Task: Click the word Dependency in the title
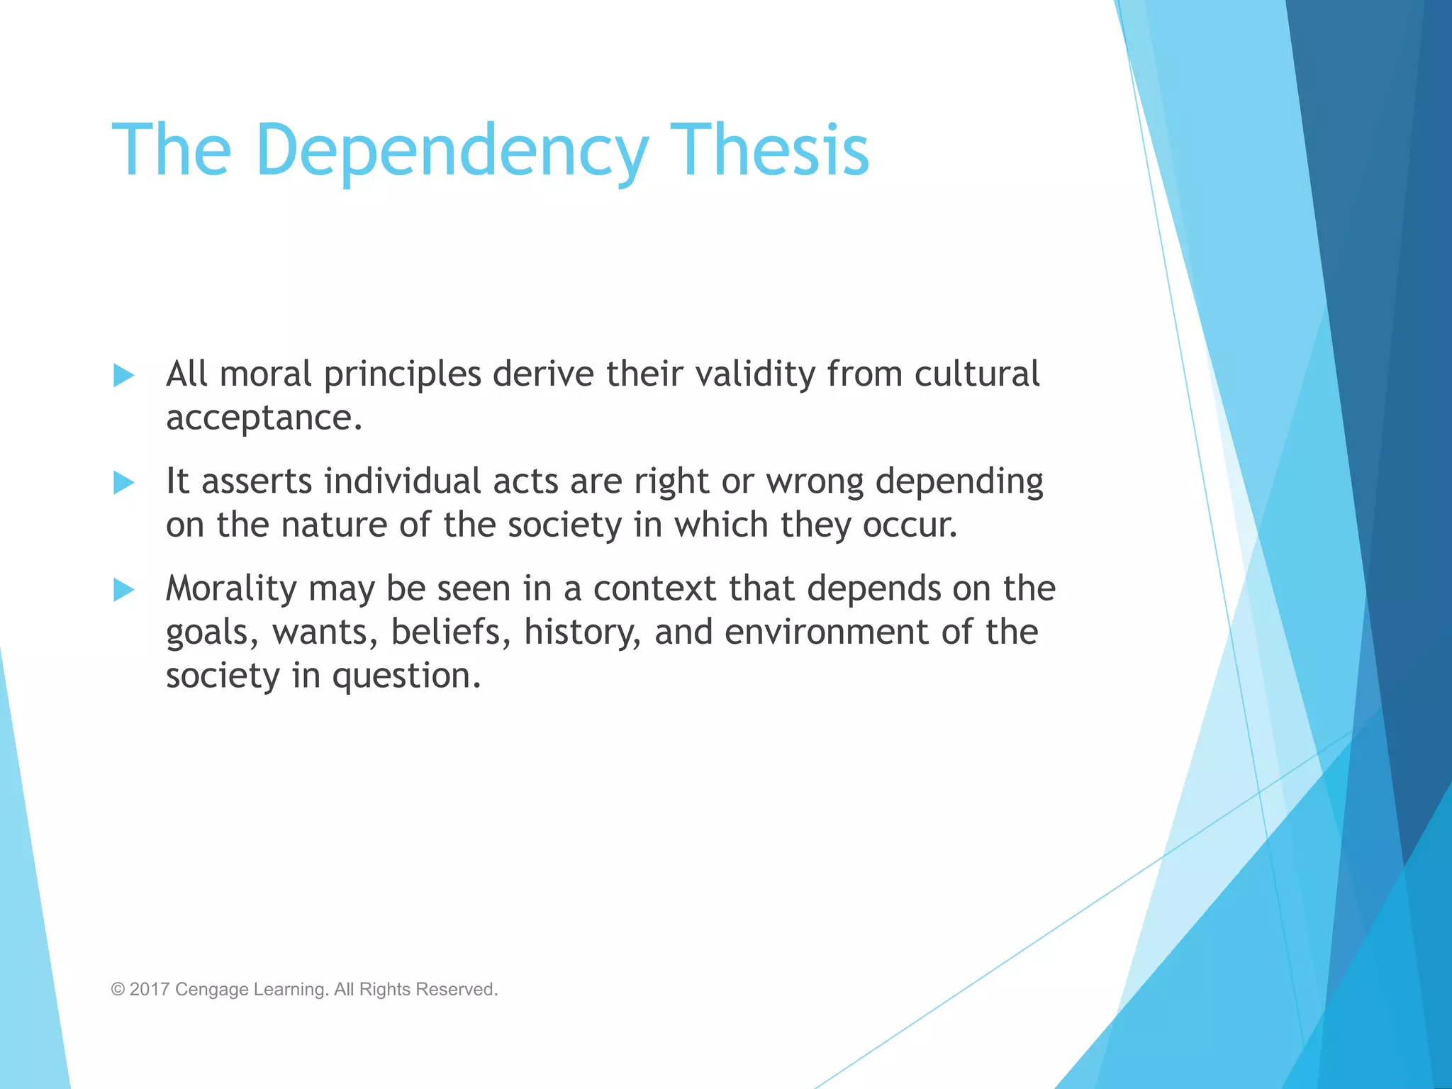pyautogui.click(x=452, y=151)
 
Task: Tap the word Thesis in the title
pyautogui.click(x=769, y=150)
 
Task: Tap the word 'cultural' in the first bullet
pyautogui.click(x=977, y=374)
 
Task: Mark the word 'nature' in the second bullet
pyautogui.click(x=335, y=525)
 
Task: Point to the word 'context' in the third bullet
pyautogui.click(x=655, y=589)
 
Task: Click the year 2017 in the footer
pyautogui.click(x=150, y=990)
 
